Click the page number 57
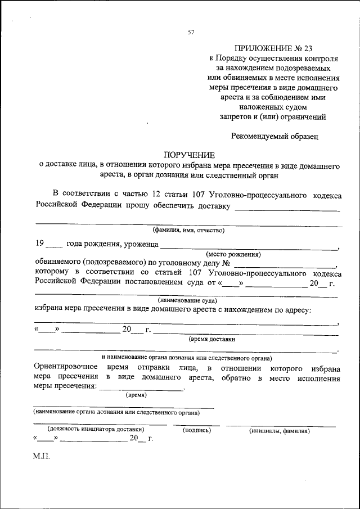[191, 32]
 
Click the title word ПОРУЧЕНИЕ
[189, 155]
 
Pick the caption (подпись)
[197, 430]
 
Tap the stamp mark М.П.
[42, 456]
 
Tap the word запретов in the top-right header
[236, 116]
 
